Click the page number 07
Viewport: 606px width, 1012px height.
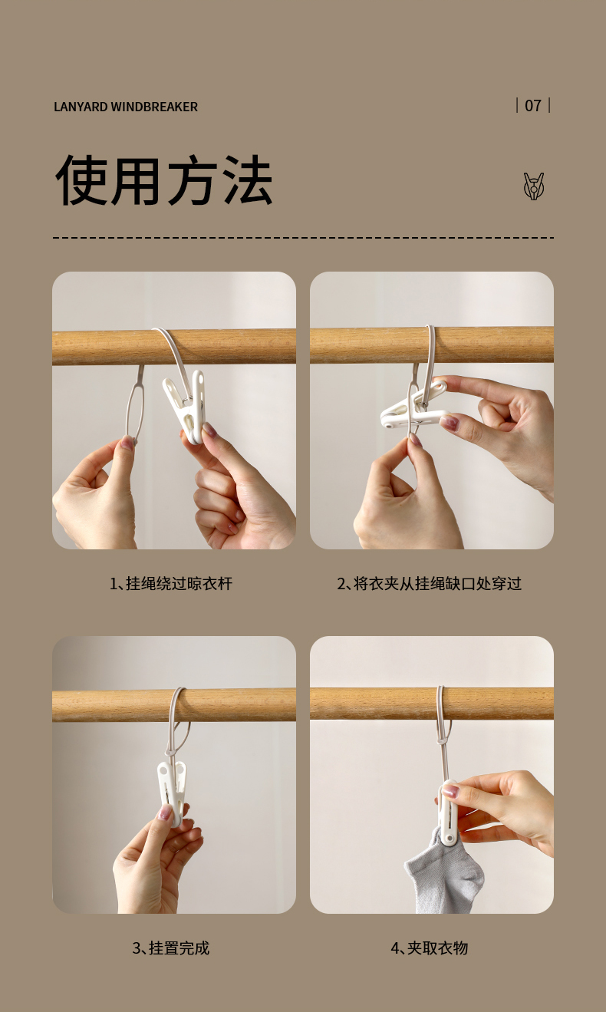pos(533,106)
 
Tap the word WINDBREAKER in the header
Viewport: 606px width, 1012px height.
pos(154,107)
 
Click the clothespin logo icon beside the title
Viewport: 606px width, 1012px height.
pos(534,186)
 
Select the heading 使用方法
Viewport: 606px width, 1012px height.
pos(164,180)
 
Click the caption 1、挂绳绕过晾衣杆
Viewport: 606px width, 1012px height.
pos(171,583)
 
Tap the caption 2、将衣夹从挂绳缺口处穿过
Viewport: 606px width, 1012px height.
pos(430,583)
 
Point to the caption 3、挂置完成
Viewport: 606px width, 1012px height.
pos(171,948)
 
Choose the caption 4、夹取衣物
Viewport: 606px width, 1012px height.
pos(430,948)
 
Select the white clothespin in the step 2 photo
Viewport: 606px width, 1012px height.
pos(414,407)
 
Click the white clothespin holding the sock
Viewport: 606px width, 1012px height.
pos(447,813)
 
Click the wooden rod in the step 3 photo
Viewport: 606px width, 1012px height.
pos(174,705)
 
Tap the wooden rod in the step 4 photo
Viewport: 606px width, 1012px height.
pos(432,704)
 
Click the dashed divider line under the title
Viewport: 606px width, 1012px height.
pos(303,237)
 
